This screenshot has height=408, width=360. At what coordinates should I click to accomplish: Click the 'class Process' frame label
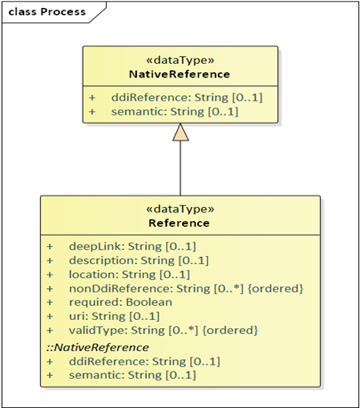pyautogui.click(x=47, y=12)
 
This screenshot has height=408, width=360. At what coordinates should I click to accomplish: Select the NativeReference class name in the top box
pyautogui.click(x=180, y=74)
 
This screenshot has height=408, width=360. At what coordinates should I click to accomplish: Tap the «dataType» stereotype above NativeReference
pyautogui.click(x=180, y=60)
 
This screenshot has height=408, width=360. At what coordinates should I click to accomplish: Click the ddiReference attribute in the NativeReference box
pyautogui.click(x=187, y=98)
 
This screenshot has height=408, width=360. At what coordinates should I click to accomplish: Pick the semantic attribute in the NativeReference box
pyautogui.click(x=175, y=112)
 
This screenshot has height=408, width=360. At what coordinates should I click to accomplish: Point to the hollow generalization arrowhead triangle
pyautogui.click(x=180, y=132)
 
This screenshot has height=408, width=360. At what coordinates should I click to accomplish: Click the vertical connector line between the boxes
pyautogui.click(x=180, y=168)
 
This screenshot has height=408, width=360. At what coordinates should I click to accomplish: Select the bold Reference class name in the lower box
pyautogui.click(x=179, y=223)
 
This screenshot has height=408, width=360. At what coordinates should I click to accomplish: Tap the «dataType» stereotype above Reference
pyautogui.click(x=180, y=209)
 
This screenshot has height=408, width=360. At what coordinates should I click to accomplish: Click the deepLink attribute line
pyautogui.click(x=132, y=246)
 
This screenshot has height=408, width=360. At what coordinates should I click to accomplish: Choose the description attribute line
pyautogui.click(x=139, y=260)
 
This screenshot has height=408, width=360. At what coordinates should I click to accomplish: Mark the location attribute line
pyautogui.click(x=130, y=275)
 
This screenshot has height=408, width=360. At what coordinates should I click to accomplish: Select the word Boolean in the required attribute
pyautogui.click(x=149, y=302)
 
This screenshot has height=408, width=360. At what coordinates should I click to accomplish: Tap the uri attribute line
pyautogui.click(x=115, y=316)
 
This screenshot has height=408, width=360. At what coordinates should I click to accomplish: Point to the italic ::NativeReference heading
pyautogui.click(x=98, y=348)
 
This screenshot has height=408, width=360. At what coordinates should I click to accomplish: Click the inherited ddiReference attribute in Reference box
pyautogui.click(x=145, y=362)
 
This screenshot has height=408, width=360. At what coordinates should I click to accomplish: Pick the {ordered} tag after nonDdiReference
pyautogui.click(x=276, y=289)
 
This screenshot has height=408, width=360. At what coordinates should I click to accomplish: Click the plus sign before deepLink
pyautogui.click(x=50, y=246)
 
